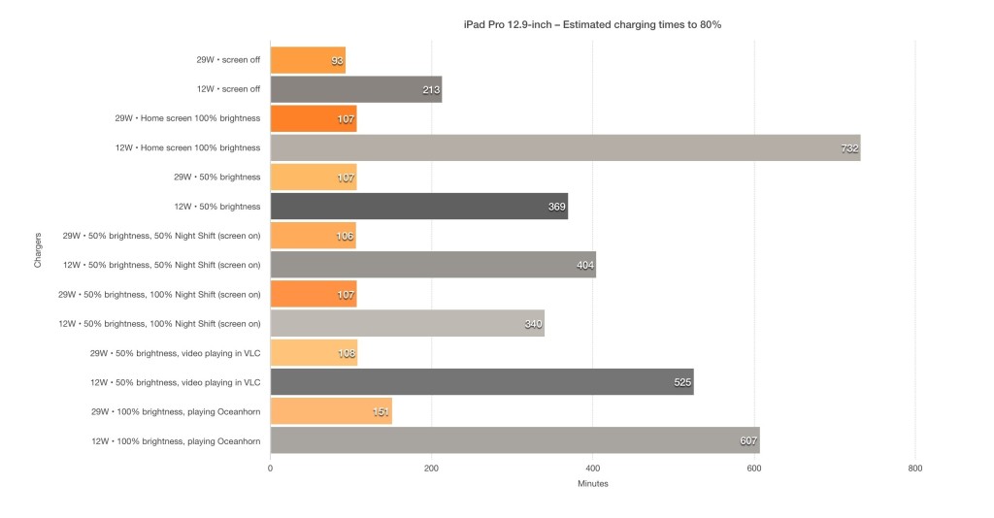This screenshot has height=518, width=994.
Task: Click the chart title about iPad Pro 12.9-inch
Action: [x=591, y=24]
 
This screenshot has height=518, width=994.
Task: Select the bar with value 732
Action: [x=565, y=147]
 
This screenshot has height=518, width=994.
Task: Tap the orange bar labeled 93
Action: [x=307, y=60]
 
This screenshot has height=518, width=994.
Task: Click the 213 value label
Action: [x=430, y=89]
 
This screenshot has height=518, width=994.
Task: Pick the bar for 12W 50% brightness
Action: [x=418, y=206]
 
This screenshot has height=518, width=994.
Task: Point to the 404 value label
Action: [x=584, y=265]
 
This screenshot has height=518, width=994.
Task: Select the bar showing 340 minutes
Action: [x=407, y=323]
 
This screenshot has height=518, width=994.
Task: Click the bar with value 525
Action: [x=481, y=382]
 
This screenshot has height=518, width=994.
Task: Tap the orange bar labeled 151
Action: [x=330, y=411]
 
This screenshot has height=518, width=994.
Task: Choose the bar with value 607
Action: [x=514, y=440]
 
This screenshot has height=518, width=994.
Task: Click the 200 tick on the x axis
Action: [x=431, y=468]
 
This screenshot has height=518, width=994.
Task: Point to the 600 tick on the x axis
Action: [x=753, y=468]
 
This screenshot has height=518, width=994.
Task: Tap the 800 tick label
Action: [x=914, y=468]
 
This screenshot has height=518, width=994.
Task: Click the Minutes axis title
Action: [x=592, y=483]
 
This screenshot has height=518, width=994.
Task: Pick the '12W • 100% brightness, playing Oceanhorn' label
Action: [x=175, y=440]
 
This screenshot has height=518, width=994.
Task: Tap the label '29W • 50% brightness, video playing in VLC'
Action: [x=175, y=353]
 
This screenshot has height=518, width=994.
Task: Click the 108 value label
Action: [x=346, y=353]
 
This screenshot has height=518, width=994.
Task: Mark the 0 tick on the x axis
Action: [x=270, y=468]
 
